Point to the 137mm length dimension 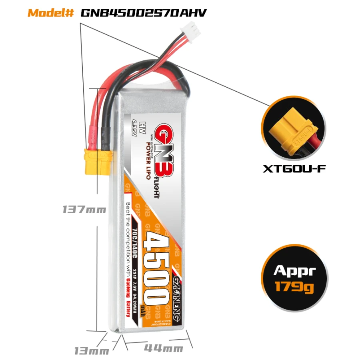click(x=84, y=209)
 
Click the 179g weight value click(x=295, y=286)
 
